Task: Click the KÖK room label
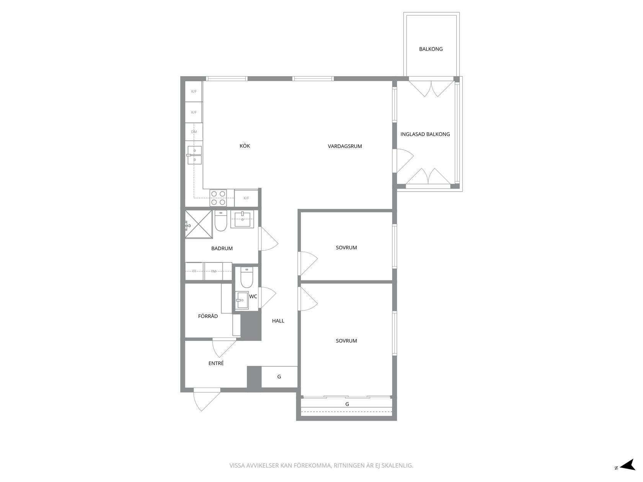click(x=245, y=146)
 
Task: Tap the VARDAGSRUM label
click(x=345, y=146)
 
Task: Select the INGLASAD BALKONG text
click(x=425, y=134)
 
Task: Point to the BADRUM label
click(x=222, y=248)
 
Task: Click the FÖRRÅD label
click(x=208, y=316)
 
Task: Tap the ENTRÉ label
click(x=216, y=363)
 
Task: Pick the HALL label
click(x=278, y=321)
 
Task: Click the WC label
click(x=253, y=296)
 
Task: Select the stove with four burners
click(x=218, y=197)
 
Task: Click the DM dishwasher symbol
click(x=194, y=132)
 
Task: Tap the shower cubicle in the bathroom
click(x=198, y=224)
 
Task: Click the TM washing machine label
click(x=214, y=271)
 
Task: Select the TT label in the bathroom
click(x=194, y=271)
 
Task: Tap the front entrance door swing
click(x=207, y=399)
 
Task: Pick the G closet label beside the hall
click(x=279, y=377)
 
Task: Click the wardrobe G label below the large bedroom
click(x=347, y=404)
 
